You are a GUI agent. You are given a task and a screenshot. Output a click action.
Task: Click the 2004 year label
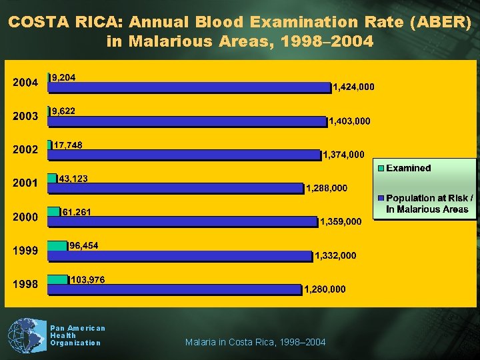click(x=26, y=83)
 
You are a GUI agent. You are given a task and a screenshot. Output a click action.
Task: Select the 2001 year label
click(x=26, y=183)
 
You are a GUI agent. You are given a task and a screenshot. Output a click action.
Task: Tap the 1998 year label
click(x=26, y=285)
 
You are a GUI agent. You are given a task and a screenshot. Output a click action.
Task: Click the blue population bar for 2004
click(x=189, y=87)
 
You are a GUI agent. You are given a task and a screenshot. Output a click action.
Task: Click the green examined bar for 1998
click(x=58, y=280)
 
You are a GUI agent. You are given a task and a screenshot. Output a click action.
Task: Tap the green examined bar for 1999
click(x=57, y=246)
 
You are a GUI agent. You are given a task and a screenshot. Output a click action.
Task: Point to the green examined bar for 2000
click(x=54, y=212)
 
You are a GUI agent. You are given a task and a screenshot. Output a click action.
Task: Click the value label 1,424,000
click(x=353, y=87)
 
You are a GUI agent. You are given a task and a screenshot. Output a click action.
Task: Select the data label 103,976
click(x=87, y=279)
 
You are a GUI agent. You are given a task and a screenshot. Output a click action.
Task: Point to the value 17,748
click(x=68, y=145)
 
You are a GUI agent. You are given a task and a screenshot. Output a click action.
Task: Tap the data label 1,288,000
click(x=326, y=188)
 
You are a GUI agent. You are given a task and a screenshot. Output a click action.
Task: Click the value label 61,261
click(x=77, y=212)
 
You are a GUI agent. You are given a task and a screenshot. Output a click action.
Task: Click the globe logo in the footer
click(x=25, y=336)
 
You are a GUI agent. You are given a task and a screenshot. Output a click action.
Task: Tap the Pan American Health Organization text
click(x=77, y=335)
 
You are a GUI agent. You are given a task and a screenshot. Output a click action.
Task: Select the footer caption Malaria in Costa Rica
click(x=255, y=342)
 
